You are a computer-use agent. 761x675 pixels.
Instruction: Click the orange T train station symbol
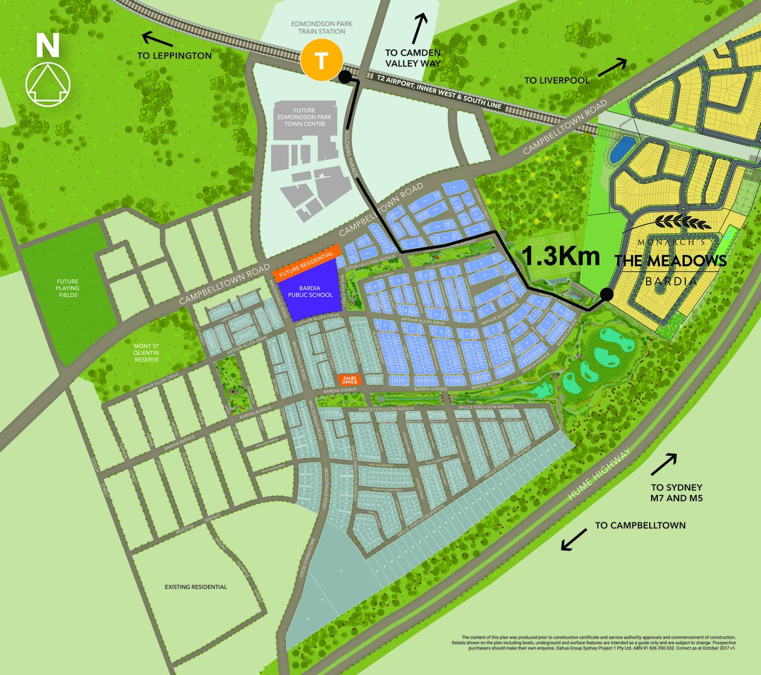click(x=321, y=60)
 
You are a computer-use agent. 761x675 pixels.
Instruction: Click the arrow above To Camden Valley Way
click(x=420, y=27)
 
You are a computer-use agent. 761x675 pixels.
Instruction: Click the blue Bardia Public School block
click(x=311, y=291)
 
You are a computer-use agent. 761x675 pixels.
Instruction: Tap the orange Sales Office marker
click(x=349, y=379)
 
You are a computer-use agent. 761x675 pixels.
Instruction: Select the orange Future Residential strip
click(x=306, y=265)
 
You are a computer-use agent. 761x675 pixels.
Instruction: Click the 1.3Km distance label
click(x=560, y=256)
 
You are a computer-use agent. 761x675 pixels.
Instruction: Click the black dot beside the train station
click(x=344, y=77)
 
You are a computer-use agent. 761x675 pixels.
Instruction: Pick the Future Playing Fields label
click(x=67, y=288)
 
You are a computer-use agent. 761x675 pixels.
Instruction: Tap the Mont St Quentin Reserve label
click(x=146, y=352)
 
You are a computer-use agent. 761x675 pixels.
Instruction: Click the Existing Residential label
click(x=196, y=587)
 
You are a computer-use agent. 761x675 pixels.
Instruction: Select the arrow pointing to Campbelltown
click(x=574, y=539)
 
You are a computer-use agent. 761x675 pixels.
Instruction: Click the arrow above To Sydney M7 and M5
click(x=664, y=465)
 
